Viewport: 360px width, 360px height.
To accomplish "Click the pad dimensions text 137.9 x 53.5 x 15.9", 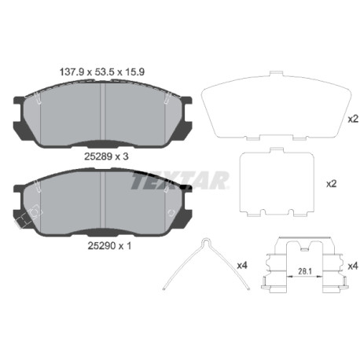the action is (x=102, y=72).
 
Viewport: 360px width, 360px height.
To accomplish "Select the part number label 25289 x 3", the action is (x=106, y=156).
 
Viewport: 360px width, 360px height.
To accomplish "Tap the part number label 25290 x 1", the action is (x=109, y=245).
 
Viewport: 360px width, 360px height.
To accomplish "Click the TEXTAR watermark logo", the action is (x=180, y=180).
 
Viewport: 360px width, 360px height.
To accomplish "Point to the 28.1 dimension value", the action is (x=305, y=271).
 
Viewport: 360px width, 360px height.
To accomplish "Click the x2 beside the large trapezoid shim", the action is (x=353, y=119).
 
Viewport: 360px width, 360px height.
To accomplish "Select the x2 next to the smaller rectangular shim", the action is (x=331, y=184).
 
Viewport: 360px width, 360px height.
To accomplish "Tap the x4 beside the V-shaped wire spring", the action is (x=242, y=266).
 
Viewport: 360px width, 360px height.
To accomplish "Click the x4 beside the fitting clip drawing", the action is (x=353, y=266).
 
